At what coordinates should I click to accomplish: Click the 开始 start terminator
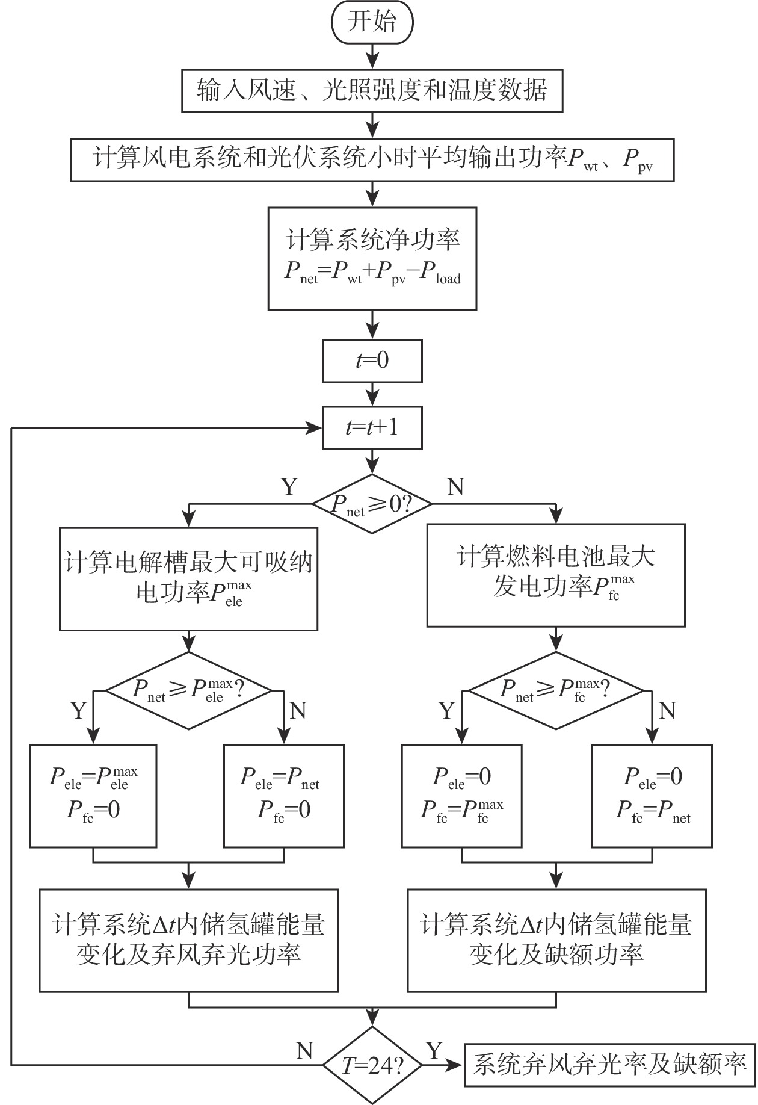coord(372,23)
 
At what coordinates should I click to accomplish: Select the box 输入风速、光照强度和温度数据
coord(372,91)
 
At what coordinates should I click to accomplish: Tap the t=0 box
coord(372,361)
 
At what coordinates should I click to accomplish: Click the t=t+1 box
coord(372,428)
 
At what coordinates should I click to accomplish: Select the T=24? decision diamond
coord(372,1066)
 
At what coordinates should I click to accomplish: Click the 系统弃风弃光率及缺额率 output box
coord(609,1065)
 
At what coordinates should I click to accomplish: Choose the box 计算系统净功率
coord(372,259)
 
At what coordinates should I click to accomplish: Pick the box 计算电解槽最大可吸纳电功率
coord(189,578)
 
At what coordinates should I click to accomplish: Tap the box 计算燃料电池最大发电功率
coord(555,575)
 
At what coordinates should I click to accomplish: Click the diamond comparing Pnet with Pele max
coord(189,690)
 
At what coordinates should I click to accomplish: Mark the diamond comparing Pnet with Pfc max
coord(555,690)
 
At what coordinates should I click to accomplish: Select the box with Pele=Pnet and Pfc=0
coord(284,796)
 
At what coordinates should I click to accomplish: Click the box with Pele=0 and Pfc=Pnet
coord(652,796)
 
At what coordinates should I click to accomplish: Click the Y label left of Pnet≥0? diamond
coord(290,486)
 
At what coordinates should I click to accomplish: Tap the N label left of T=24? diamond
coord(304,1051)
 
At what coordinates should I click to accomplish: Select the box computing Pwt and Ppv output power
coord(372,159)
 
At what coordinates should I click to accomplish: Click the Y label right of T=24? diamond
coord(434,1051)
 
